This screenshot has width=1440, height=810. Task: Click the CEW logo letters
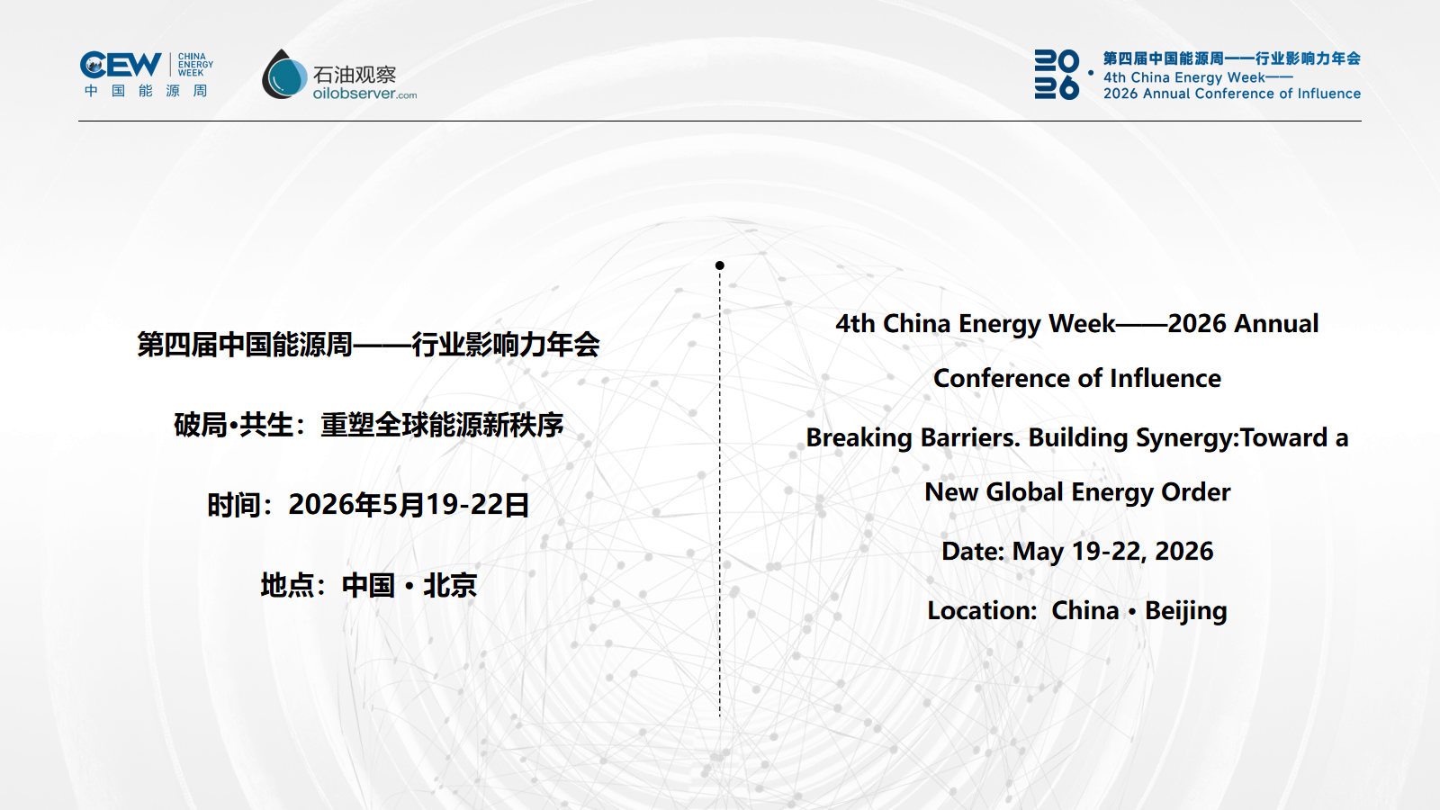[121, 64]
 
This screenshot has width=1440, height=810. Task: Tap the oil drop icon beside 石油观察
[284, 75]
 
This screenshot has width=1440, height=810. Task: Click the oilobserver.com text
[364, 94]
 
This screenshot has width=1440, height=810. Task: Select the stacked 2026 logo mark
[1057, 75]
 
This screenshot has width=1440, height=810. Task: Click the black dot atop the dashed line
[719, 265]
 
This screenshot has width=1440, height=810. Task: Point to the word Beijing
[1186, 611]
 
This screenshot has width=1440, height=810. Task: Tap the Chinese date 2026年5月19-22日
[409, 505]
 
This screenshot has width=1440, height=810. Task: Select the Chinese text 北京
[450, 585]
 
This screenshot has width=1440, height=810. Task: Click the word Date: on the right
[973, 552]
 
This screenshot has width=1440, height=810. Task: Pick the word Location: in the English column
[982, 611]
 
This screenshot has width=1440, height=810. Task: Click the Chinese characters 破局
[201, 425]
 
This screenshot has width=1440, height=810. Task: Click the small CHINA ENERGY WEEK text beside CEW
[195, 65]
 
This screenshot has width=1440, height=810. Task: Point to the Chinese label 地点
[287, 585]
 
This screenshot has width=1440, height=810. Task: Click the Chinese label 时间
[233, 505]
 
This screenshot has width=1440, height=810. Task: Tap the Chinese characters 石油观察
[355, 75]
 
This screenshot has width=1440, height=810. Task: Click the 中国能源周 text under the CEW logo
[146, 91]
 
